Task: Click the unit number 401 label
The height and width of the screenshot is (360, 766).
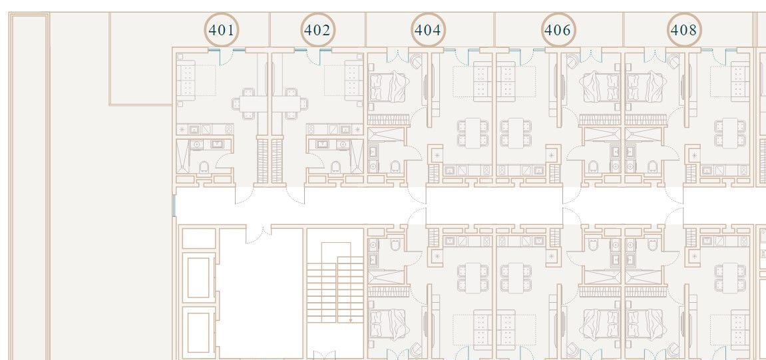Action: (x=222, y=31)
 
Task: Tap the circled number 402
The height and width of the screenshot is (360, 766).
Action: (x=317, y=31)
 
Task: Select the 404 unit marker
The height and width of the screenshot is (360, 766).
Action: (x=427, y=31)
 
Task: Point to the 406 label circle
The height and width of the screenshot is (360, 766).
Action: (x=558, y=31)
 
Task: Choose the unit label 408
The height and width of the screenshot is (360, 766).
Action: (x=683, y=31)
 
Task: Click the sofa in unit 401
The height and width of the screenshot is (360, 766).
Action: (x=186, y=78)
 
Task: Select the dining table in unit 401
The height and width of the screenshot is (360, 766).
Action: (x=249, y=104)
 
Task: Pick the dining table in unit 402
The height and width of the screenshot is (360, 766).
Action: (x=291, y=104)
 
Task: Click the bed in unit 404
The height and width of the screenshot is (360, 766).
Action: (x=388, y=86)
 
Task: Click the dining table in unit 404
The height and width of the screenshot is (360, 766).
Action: (x=473, y=133)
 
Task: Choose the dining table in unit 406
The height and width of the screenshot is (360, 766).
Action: (x=515, y=133)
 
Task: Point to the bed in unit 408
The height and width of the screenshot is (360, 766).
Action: (x=644, y=86)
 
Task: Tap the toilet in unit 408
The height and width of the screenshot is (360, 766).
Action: (x=653, y=167)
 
